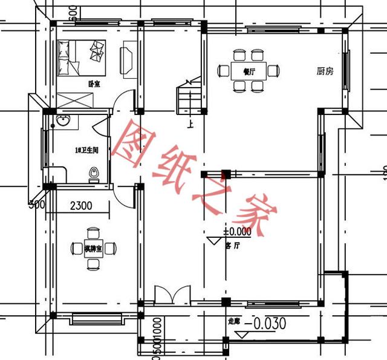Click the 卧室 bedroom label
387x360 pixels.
coord(94,83)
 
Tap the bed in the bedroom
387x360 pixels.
coord(82,56)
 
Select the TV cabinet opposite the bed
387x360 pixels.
coord(128,57)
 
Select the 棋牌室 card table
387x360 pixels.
coord(93,247)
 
